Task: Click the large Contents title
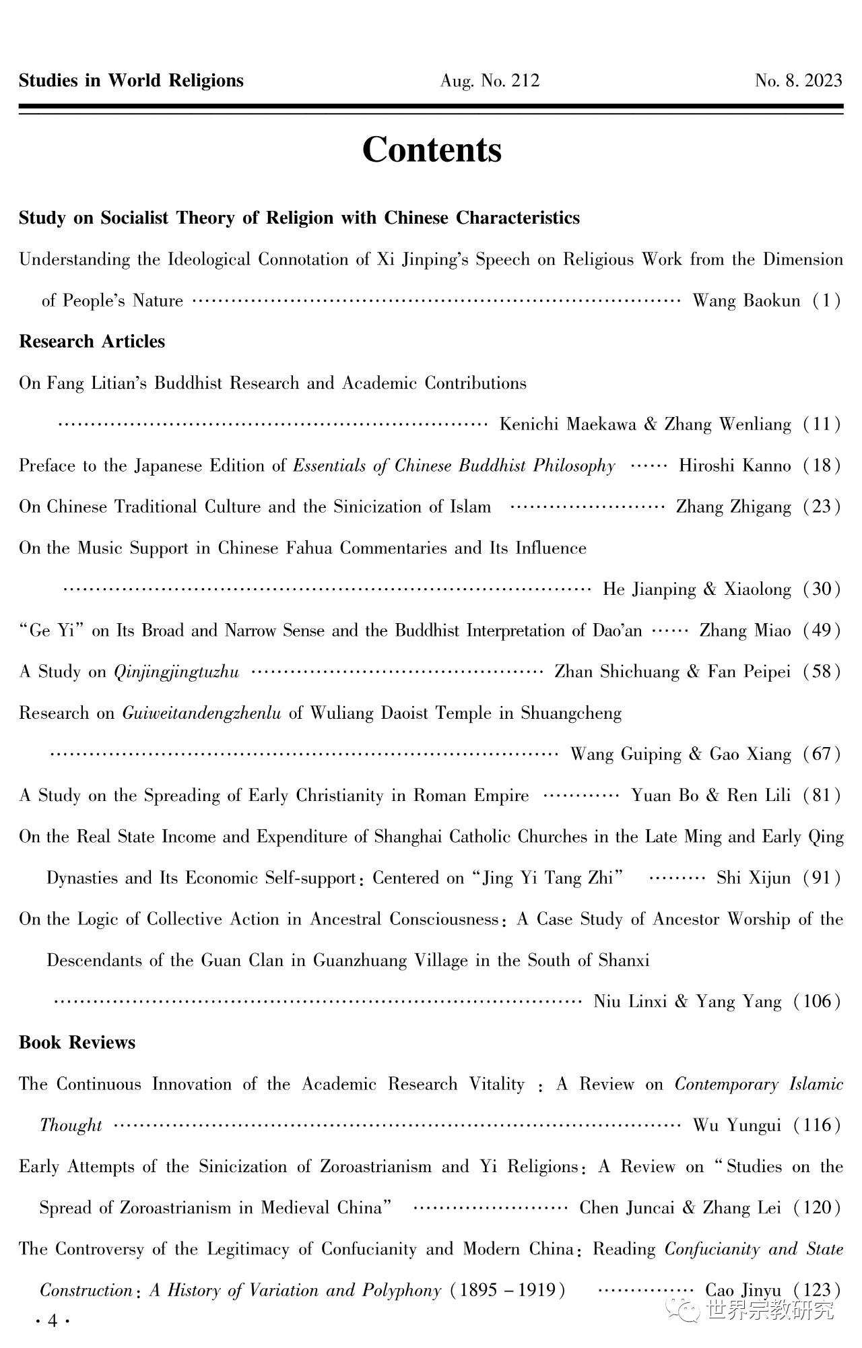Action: (432, 150)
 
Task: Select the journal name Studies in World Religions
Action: (131, 81)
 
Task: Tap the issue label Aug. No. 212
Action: (490, 82)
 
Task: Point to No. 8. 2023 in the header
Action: (798, 82)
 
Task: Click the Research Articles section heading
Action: (92, 342)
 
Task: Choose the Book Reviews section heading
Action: (77, 1043)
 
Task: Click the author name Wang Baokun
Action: (746, 301)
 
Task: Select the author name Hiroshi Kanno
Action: (735, 466)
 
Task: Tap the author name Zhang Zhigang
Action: (733, 507)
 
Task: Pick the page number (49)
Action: (822, 631)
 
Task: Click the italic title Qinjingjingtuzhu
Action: (176, 672)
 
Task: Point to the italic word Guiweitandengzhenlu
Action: (201, 713)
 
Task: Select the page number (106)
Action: (817, 1002)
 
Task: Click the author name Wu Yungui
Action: (737, 1126)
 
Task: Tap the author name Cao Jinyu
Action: (743, 1291)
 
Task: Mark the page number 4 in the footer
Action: (53, 1322)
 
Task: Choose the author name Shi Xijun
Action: (753, 878)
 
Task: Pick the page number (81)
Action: (822, 796)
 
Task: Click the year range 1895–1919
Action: (508, 1291)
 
